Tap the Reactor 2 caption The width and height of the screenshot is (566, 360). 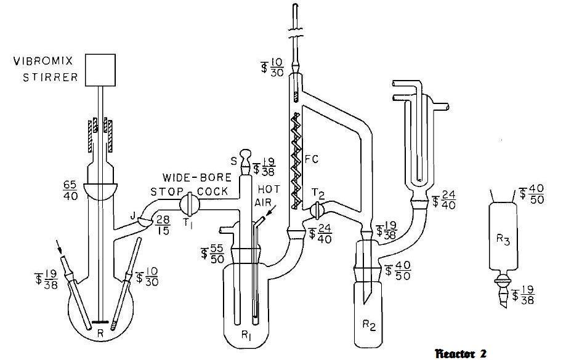click(461, 353)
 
